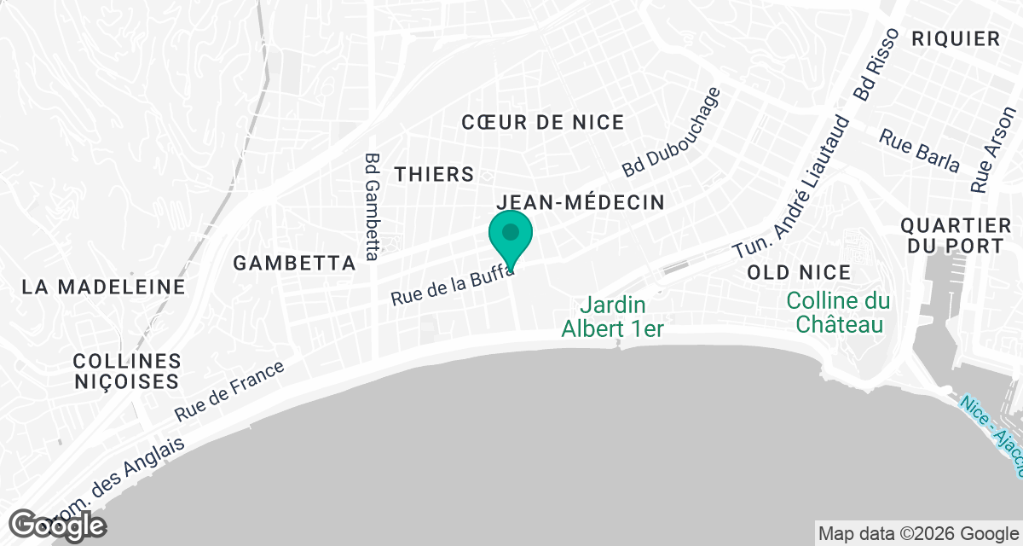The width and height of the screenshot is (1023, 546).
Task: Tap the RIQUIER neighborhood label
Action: coord(955,38)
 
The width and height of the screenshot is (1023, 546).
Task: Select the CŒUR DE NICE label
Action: coord(543,122)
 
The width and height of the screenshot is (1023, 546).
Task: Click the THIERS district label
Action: coord(434,174)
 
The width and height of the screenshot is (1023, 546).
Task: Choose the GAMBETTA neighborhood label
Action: coord(294,263)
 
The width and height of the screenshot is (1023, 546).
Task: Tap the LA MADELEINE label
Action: coord(103,287)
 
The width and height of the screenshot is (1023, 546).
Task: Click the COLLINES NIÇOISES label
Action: coord(126,371)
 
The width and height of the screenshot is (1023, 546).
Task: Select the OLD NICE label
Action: coord(798,272)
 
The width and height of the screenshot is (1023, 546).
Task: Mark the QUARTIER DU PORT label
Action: coord(956,236)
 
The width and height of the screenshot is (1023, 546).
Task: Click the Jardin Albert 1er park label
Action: coord(612,317)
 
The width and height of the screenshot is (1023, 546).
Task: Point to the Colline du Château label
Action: coord(838,312)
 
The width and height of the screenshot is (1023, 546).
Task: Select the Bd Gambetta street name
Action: coord(372,206)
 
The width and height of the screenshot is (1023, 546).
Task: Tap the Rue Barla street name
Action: coord(919,150)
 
